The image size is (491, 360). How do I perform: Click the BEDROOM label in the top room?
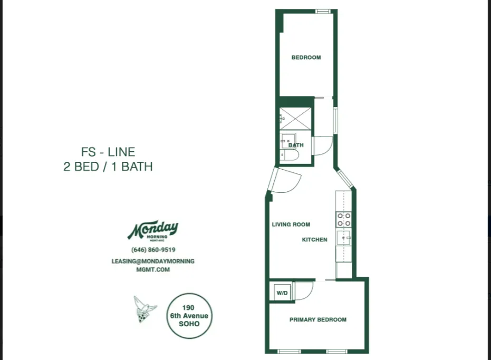click(306, 57)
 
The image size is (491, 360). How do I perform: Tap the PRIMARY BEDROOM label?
click(317, 319)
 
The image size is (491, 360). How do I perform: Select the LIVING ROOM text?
click(291, 225)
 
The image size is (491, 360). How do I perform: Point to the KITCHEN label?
click(314, 239)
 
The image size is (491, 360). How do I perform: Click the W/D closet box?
click(282, 293)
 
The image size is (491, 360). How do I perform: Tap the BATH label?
click(296, 145)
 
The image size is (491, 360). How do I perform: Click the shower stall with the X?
click(296, 119)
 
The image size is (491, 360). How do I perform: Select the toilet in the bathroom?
click(291, 155)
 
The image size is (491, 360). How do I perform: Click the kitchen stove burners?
click(344, 219)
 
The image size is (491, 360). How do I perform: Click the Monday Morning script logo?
click(153, 230)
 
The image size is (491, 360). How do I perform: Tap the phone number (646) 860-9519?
click(153, 250)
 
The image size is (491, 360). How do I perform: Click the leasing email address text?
click(153, 265)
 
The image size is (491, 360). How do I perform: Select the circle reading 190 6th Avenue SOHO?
click(188, 316)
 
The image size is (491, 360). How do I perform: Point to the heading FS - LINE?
click(108, 152)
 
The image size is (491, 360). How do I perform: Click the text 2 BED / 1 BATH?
click(108, 167)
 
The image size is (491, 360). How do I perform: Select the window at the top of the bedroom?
click(323, 11)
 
